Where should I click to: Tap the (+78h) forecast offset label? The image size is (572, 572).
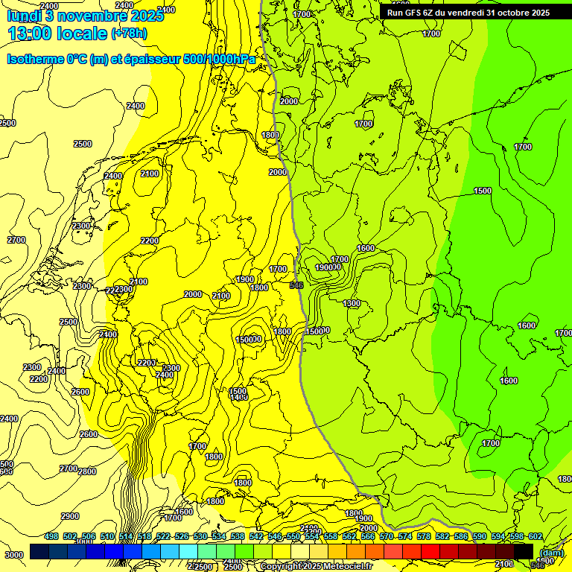130,34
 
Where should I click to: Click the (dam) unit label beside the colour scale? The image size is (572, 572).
551,553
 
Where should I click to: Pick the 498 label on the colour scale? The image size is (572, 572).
51,537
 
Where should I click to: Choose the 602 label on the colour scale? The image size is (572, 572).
535,537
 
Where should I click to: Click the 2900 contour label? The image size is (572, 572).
70,516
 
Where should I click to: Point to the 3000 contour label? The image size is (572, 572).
13,555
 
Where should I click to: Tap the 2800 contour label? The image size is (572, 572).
87,471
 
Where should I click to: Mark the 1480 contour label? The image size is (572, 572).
238,398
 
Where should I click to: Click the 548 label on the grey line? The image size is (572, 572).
296,285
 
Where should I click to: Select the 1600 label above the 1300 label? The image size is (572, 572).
365,248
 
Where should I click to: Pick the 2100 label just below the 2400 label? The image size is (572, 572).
150,174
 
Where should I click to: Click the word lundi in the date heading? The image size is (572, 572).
22,14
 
